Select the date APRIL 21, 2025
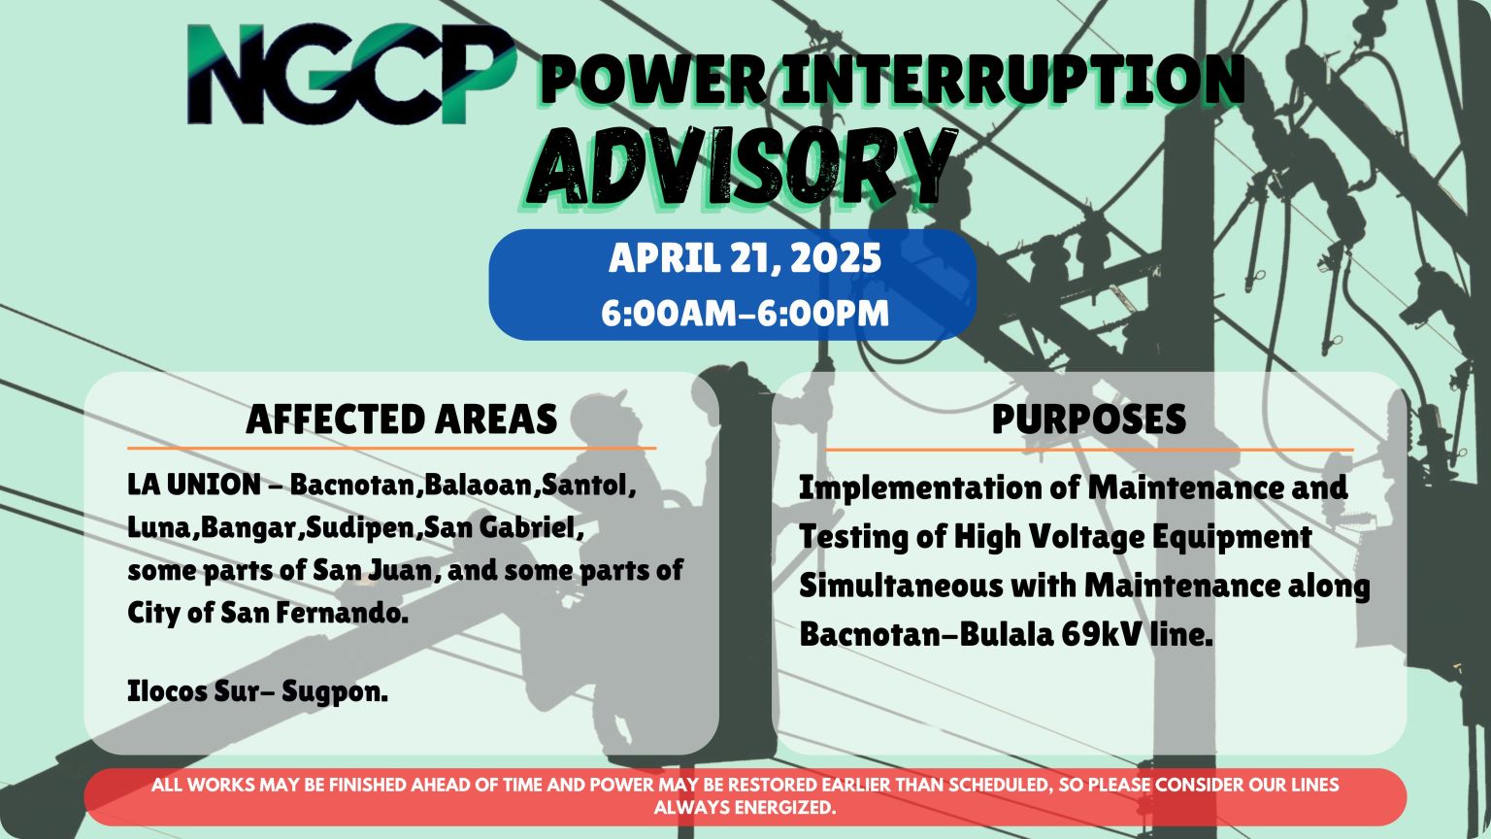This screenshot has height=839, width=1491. click(745, 258)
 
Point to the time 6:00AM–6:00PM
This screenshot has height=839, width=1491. click(745, 314)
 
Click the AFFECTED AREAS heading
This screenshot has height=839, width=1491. click(401, 419)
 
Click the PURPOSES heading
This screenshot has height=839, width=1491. click(1088, 419)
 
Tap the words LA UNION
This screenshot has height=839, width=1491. click(193, 484)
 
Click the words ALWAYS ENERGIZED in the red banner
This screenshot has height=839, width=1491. click(745, 807)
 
